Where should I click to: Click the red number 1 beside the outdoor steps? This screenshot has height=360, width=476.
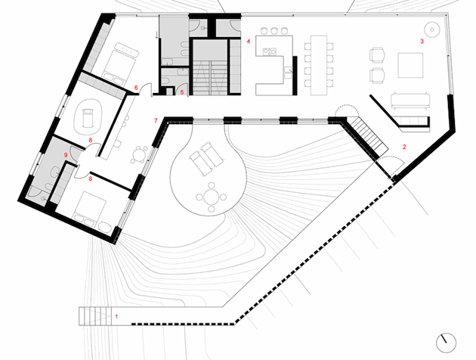[116, 315]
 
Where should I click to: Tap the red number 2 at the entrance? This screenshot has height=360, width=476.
[404, 147]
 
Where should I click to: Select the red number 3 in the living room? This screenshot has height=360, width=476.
[422, 42]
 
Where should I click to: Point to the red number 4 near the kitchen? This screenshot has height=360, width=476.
[248, 40]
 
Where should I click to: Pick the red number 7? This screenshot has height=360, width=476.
[156, 120]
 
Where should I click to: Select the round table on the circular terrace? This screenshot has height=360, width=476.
[214, 199]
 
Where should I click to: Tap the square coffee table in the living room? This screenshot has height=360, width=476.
[414, 65]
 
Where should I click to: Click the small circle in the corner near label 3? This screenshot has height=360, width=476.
[432, 31]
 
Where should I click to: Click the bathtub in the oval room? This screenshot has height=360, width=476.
[88, 117]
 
